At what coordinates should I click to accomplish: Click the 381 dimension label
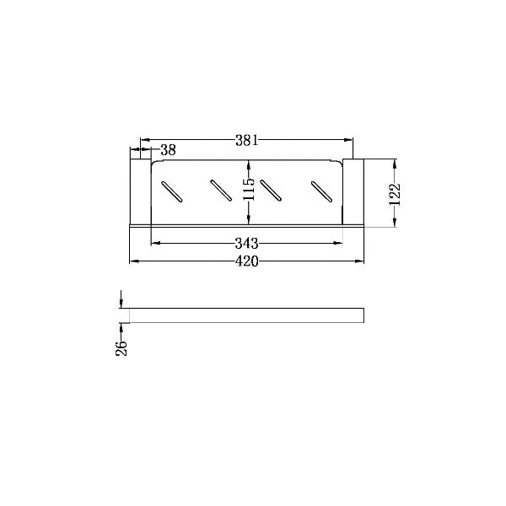(x=247, y=140)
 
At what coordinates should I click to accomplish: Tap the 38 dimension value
(x=168, y=150)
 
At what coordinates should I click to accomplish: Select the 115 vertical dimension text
(x=249, y=190)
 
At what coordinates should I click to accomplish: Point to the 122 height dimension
(x=395, y=195)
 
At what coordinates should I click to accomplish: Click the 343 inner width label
(x=247, y=244)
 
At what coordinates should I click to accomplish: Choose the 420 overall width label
(x=247, y=261)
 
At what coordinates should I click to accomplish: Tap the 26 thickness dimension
(x=121, y=347)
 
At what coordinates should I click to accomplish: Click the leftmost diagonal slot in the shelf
(x=172, y=191)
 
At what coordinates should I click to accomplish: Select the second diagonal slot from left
(x=221, y=191)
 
